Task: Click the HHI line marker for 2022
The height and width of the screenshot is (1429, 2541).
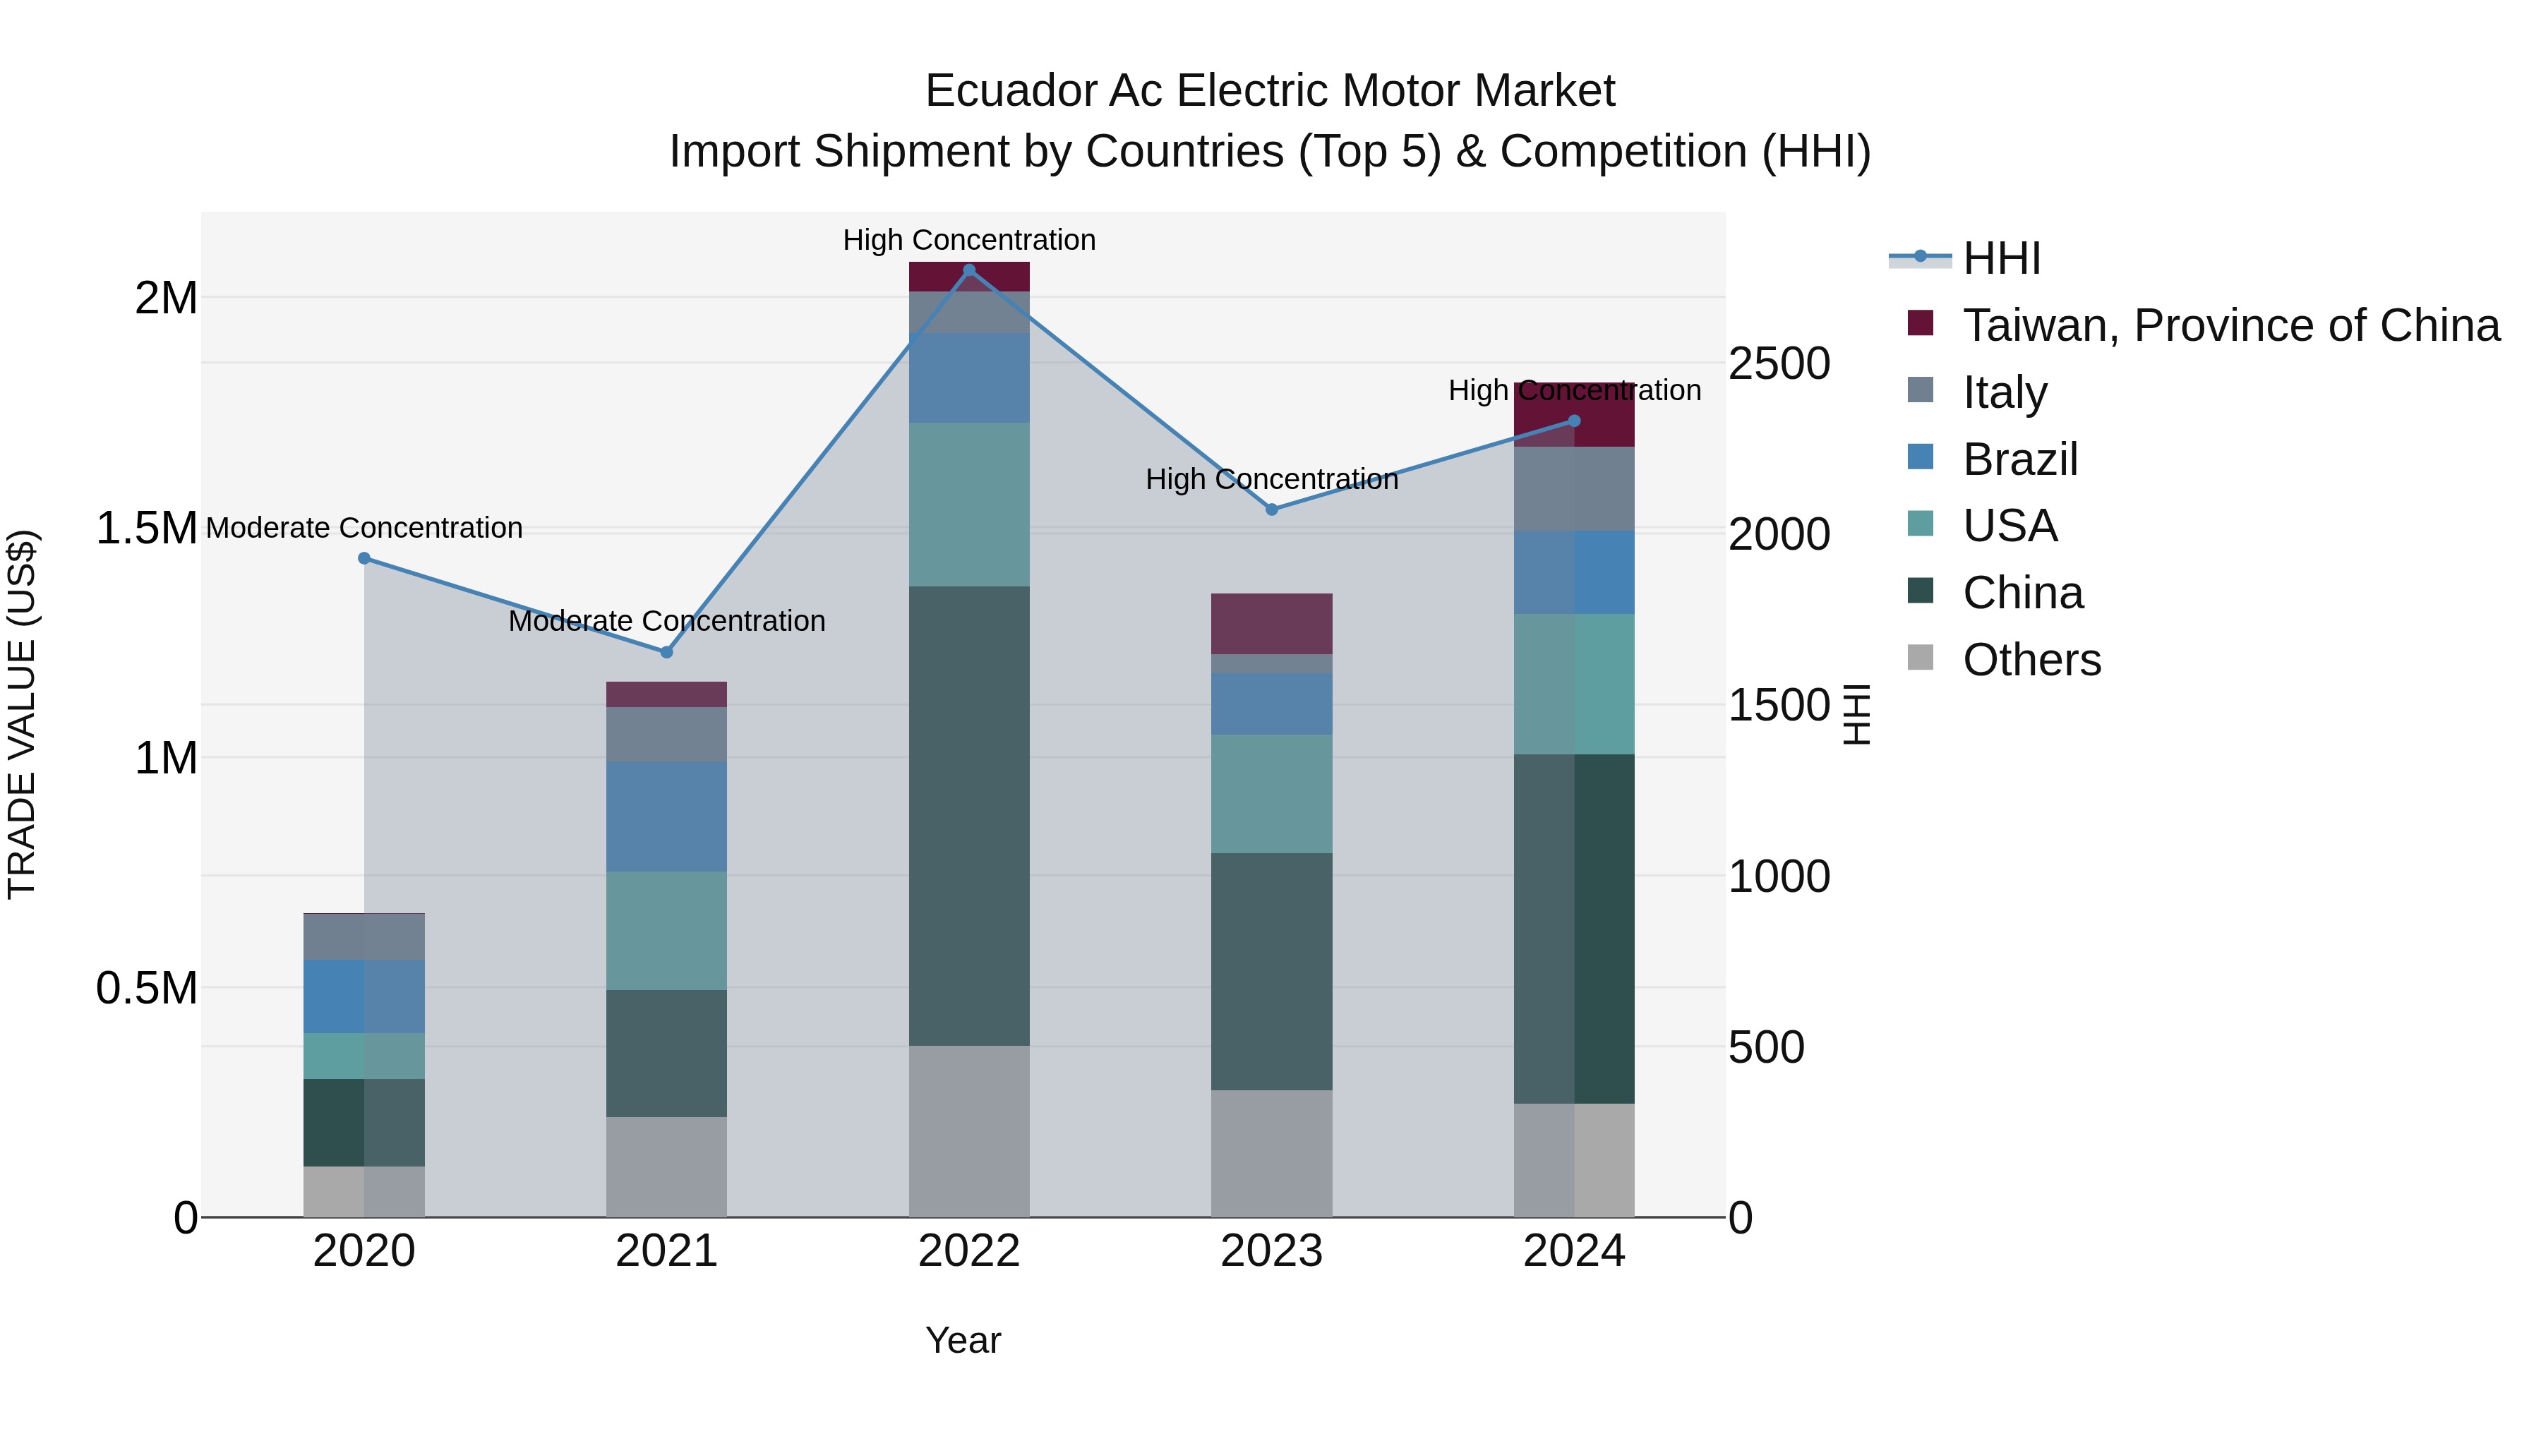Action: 968,270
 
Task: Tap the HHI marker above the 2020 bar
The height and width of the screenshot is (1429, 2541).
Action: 364,558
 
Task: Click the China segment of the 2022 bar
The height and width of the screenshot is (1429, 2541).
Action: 968,816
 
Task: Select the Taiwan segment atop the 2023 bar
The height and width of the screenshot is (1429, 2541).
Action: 1271,623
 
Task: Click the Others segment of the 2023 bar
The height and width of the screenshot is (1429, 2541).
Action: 1271,1153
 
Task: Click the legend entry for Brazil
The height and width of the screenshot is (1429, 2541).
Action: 2019,459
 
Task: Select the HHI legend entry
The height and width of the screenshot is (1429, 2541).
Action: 2000,258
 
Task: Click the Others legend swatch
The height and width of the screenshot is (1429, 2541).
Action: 1921,658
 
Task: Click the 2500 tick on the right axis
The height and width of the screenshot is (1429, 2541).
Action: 1779,364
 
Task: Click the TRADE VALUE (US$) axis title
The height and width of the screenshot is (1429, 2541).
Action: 22,714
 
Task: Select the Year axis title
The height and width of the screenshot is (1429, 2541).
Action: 963,1340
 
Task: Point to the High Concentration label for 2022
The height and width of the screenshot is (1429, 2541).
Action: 968,240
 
